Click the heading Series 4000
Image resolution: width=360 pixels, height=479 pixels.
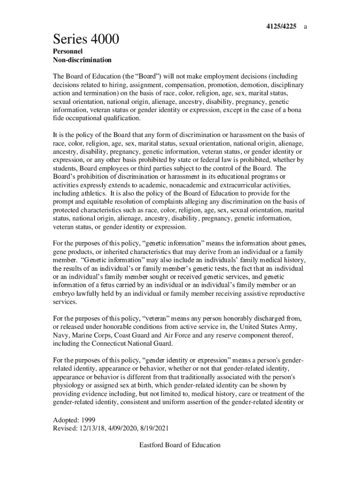point(86,40)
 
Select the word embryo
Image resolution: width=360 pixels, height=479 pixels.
point(65,293)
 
